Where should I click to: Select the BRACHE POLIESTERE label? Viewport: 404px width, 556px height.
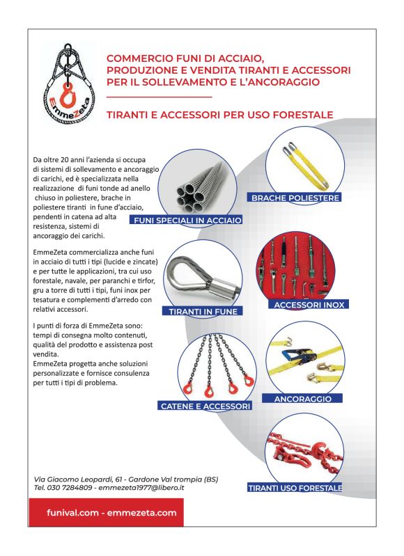click(x=296, y=198)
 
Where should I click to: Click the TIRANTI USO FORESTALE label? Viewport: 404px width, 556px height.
click(x=295, y=489)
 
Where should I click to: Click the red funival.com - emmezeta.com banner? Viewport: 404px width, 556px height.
click(x=102, y=512)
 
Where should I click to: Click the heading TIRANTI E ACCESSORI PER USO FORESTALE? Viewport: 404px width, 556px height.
click(x=219, y=114)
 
